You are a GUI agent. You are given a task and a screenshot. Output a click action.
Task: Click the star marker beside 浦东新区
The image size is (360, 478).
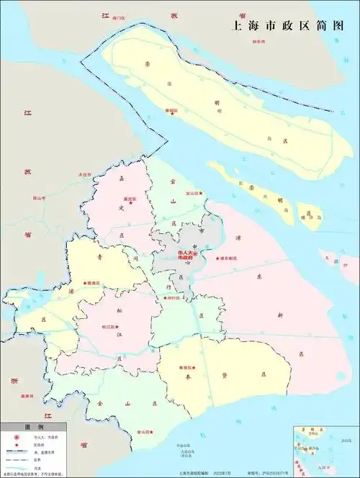[x=218, y=258]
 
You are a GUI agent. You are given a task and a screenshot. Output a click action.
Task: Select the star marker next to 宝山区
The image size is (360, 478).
[x=201, y=193]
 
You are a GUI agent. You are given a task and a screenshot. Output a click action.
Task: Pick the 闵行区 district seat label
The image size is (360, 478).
[x=171, y=298]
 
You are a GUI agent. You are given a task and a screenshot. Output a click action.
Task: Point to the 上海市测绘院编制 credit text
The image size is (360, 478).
[x=174, y=472]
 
